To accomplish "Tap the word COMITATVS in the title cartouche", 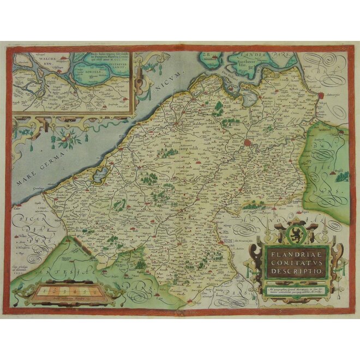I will [295, 261].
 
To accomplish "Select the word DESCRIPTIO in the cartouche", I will [295, 271].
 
